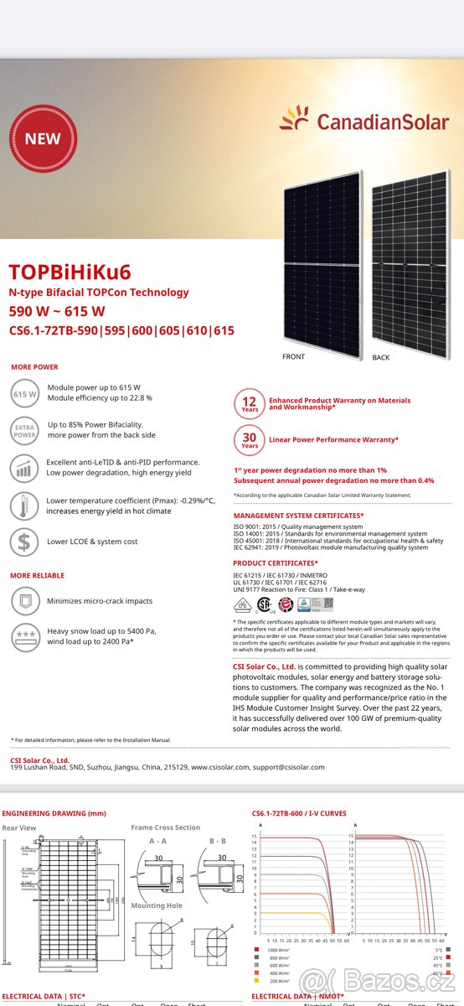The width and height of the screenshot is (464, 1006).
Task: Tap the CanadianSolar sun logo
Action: tap(294, 120)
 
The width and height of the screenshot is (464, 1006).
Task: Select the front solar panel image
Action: tap(322, 262)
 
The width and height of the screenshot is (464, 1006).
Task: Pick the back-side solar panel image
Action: tap(410, 262)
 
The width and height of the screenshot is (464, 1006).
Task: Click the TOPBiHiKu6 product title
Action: tap(70, 272)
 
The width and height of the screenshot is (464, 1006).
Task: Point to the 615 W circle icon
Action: tap(25, 393)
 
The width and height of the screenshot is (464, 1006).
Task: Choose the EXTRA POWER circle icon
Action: tap(25, 430)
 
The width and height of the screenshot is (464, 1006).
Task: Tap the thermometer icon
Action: tap(24, 506)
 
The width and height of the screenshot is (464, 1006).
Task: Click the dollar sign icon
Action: tap(24, 542)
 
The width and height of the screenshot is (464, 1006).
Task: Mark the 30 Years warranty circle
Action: tap(250, 439)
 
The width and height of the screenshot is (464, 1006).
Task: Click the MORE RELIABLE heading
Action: tap(37, 576)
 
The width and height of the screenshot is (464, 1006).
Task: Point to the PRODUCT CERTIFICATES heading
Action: tap(276, 563)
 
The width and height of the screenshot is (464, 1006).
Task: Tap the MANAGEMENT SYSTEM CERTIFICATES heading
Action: tap(298, 516)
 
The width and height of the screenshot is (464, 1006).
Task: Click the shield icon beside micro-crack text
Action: tap(24, 601)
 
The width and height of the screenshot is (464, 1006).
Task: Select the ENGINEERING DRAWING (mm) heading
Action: tap(54, 813)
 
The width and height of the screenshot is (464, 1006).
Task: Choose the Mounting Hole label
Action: tap(156, 905)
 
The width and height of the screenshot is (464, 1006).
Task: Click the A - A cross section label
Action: tap(157, 841)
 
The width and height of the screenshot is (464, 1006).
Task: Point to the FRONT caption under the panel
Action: tap(293, 357)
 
